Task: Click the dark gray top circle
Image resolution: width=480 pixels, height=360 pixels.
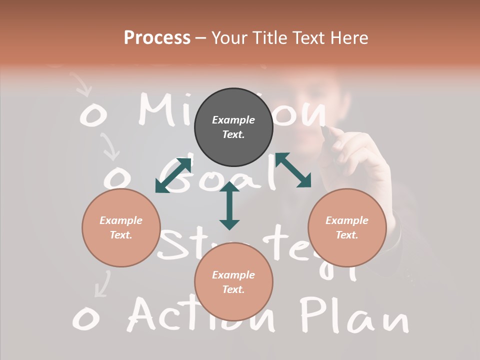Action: click(x=233, y=127)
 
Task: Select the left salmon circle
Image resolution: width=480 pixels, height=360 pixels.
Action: click(x=121, y=227)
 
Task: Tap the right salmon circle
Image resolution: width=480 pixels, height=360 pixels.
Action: click(x=347, y=227)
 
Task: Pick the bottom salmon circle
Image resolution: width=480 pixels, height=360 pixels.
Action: click(x=233, y=282)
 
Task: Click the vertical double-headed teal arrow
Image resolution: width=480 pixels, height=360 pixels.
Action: click(x=229, y=206)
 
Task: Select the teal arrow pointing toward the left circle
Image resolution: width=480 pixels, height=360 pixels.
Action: click(x=173, y=175)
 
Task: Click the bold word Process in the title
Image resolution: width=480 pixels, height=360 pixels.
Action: click(x=157, y=37)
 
